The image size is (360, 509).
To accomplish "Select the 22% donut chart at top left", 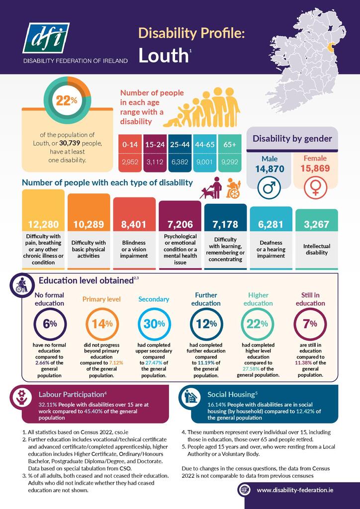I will [67, 101].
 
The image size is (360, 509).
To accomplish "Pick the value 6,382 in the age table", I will [180, 162].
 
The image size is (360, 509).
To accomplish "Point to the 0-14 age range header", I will [130, 144].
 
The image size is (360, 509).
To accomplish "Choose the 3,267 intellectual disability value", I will [317, 224].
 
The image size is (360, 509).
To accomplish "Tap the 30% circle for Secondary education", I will [150, 324].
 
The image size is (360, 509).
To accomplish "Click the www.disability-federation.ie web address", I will [295, 490].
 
